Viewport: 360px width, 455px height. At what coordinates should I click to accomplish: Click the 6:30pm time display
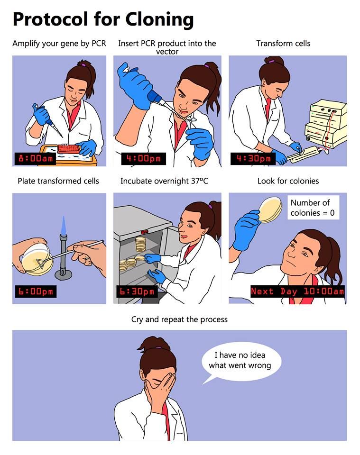137,291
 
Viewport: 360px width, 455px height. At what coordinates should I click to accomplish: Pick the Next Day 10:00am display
297,291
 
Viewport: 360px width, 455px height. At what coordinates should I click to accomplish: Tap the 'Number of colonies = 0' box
312,208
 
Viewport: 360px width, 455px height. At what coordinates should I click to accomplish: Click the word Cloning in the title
159,19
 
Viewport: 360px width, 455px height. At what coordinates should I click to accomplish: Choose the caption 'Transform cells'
283,43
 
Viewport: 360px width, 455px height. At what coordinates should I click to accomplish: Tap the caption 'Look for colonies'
288,181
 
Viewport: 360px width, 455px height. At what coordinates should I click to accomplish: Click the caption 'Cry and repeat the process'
179,319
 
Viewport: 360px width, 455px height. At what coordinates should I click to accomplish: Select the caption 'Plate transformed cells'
58,181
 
